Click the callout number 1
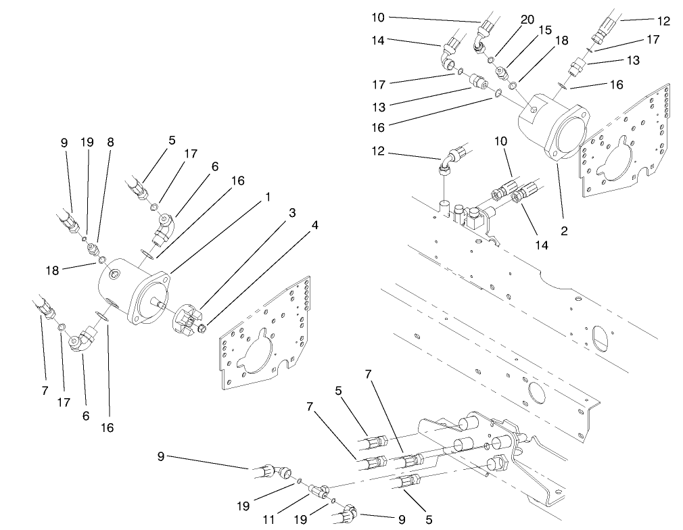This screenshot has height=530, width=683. pyautogui.click(x=268, y=197)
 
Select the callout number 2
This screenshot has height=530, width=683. pyautogui.click(x=564, y=231)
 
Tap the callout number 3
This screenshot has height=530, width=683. pyautogui.click(x=292, y=213)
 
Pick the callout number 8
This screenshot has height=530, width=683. pyautogui.click(x=110, y=143)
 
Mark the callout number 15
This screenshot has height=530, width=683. pyautogui.click(x=545, y=30)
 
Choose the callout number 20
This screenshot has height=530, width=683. pyautogui.click(x=527, y=20)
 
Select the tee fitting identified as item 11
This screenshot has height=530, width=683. pyautogui.click(x=319, y=487)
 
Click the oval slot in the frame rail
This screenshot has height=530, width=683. pyautogui.click(x=598, y=339)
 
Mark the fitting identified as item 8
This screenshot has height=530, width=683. pyautogui.click(x=93, y=250)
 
